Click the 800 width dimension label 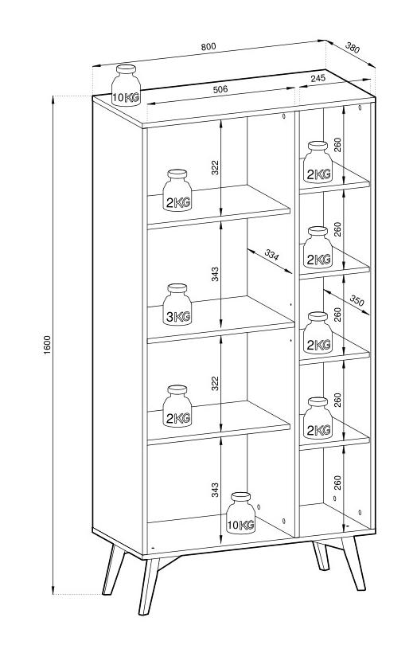(208, 46)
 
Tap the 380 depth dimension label (353, 48)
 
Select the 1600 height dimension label (47, 345)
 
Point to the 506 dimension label (220, 89)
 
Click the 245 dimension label (318, 78)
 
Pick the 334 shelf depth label (271, 255)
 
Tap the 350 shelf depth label (357, 301)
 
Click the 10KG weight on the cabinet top (126, 85)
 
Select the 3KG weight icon (177, 305)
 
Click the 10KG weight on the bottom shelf (241, 514)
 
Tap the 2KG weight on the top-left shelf (177, 190)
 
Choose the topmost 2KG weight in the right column (318, 162)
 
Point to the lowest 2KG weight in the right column (318, 418)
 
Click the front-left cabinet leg (149, 587)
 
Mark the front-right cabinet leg (353, 563)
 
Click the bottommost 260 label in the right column (337, 483)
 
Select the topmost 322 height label (215, 167)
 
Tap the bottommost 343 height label (215, 490)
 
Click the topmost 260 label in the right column (337, 145)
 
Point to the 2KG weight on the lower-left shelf (177, 406)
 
